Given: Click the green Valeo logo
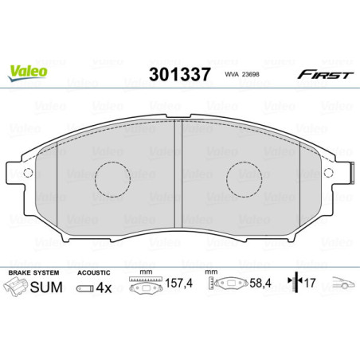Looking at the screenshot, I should click(x=28, y=71).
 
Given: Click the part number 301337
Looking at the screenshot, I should click(x=179, y=75).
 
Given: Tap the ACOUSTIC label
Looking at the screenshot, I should click(x=94, y=272).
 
